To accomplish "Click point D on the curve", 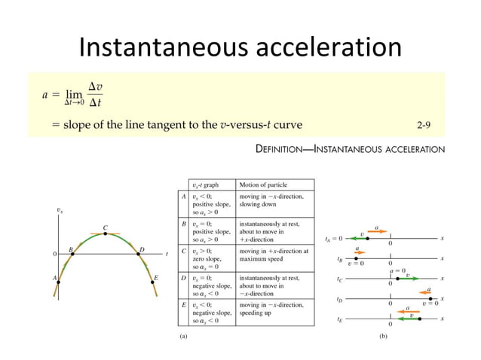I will coord(139,254).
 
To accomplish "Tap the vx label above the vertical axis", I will coord(60,212).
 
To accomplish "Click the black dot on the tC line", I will coord(390,279).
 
